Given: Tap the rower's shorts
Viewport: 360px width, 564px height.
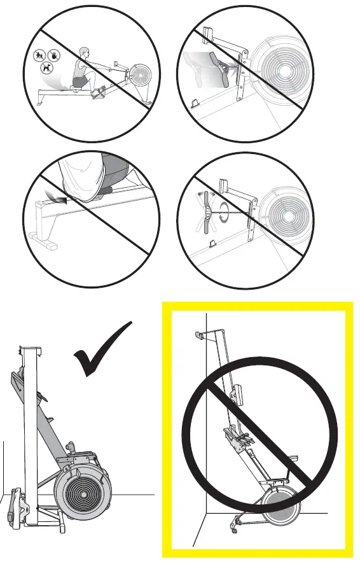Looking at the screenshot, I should [x=79, y=82].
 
